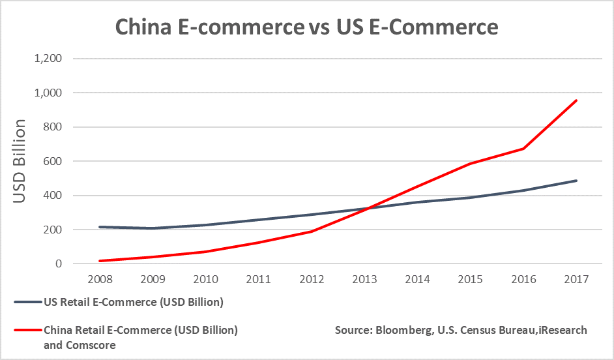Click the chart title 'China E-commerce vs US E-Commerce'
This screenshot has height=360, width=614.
pyautogui.click(x=306, y=27)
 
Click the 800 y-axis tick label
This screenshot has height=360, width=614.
pyautogui.click(x=53, y=127)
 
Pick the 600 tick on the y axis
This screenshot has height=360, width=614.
pyautogui.click(x=53, y=161)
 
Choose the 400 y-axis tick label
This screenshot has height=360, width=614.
pyautogui.click(x=53, y=196)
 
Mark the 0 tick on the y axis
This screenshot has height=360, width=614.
pyautogui.click(x=58, y=264)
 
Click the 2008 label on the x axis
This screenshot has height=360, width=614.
pyautogui.click(x=101, y=279)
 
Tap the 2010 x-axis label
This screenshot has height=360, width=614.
pyautogui.click(x=207, y=279)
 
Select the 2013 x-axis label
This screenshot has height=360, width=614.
pyautogui.click(x=365, y=279)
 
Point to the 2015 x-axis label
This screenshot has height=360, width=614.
pyautogui.click(x=471, y=279)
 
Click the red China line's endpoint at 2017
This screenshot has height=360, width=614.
pyautogui.click(x=576, y=100)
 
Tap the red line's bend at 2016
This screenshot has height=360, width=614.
pyautogui.click(x=523, y=149)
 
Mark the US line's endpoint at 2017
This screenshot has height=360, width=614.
pyautogui.click(x=576, y=181)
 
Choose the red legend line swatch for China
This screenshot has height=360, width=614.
pyautogui.click(x=25, y=331)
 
